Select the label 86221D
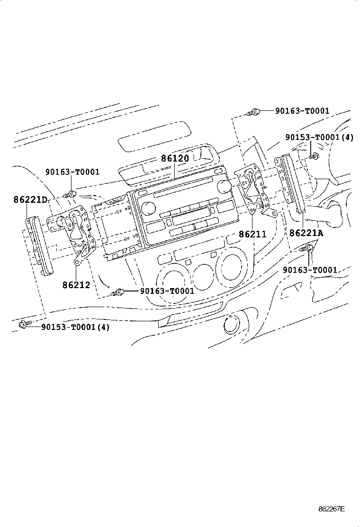[x=30, y=200]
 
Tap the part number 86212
[x=76, y=285]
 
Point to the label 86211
[x=252, y=234]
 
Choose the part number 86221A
[x=306, y=233]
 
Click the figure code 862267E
[x=331, y=509]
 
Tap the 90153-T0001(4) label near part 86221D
[x=75, y=327]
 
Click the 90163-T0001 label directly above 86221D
[x=72, y=172]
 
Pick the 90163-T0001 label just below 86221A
[x=310, y=270]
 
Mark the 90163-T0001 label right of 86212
[x=167, y=291]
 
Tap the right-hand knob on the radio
[x=223, y=186]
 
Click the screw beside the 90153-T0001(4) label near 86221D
[x=23, y=325]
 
